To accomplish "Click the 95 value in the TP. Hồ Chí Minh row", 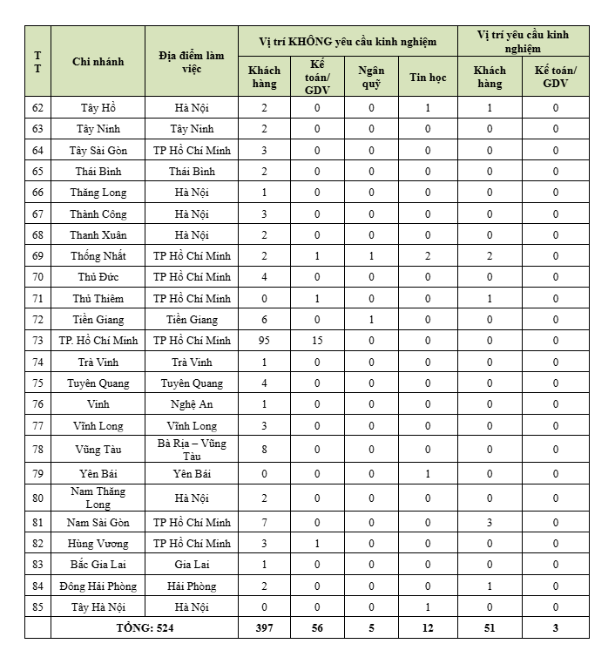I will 264,341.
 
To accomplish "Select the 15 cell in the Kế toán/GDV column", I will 317,341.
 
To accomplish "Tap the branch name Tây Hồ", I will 98,108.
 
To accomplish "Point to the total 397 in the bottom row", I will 264,627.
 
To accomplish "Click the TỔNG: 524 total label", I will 145,627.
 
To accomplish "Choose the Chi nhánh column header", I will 98,61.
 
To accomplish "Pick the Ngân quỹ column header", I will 371,77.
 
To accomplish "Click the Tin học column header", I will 427,77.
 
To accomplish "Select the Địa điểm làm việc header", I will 192,61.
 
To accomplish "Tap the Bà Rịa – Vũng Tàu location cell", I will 192,450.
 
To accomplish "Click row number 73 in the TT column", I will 37,341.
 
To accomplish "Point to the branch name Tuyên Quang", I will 98,383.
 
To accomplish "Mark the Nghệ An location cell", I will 192,404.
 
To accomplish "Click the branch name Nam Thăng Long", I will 98,498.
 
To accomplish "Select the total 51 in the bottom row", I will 490,627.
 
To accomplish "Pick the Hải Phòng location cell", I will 192,586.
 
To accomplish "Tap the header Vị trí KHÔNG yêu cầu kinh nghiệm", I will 348,41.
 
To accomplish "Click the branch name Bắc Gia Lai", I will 98,565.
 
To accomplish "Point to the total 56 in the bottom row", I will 317,627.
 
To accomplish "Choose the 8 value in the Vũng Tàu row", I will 264,450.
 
